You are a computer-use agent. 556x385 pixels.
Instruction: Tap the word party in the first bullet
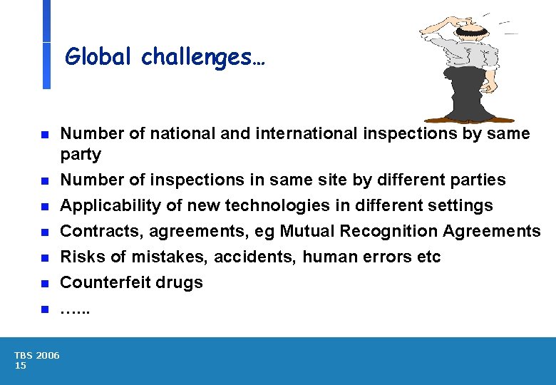pyautogui.click(x=81, y=155)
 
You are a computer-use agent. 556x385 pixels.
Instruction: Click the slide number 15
pyautogui.click(x=20, y=366)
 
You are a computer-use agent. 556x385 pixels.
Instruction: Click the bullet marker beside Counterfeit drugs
pyautogui.click(x=44, y=284)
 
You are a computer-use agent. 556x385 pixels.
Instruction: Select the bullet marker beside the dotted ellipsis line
pyautogui.click(x=44, y=309)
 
